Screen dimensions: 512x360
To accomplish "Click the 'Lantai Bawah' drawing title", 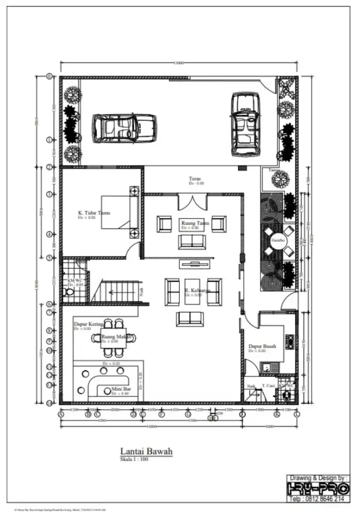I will [x=146, y=451].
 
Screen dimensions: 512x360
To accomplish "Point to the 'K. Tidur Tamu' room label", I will [x=94, y=212].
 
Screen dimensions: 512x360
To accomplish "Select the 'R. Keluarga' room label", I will [x=197, y=290].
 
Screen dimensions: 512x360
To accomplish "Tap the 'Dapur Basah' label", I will [x=262, y=346].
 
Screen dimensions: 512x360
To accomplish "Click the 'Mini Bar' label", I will [x=120, y=390].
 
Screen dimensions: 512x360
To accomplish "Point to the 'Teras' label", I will [x=194, y=179].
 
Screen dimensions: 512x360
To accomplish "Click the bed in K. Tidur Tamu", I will [x=119, y=211].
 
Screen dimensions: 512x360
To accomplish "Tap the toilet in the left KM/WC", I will [x=69, y=292].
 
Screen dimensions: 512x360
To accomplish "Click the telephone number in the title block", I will [x=317, y=498].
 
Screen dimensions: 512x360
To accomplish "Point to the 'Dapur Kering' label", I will [x=89, y=325].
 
